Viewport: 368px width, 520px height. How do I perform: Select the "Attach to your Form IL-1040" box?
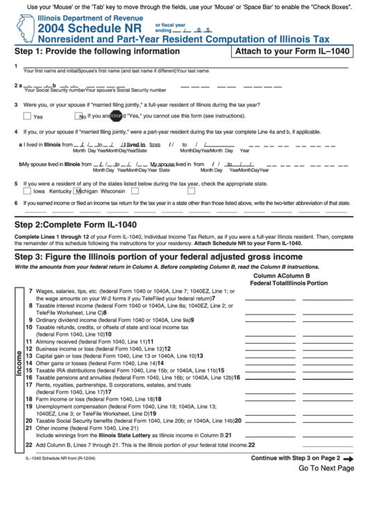point(291,51)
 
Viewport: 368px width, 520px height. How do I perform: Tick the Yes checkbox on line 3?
point(27,116)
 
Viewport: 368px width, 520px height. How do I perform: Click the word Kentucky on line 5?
point(60,191)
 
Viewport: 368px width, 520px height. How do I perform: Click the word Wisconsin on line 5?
point(112,191)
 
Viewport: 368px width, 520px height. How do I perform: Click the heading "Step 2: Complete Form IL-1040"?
point(76,224)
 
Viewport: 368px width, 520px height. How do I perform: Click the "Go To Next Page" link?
point(326,468)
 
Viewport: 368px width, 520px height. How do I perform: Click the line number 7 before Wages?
point(30,292)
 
